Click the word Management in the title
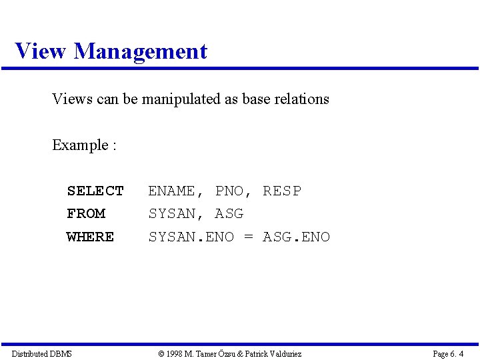(x=141, y=51)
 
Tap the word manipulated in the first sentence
(x=180, y=99)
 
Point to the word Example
(x=80, y=145)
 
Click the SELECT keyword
(x=95, y=191)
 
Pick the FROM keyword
(x=86, y=214)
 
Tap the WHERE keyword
(x=91, y=237)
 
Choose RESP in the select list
(x=282, y=191)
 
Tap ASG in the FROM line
(x=229, y=214)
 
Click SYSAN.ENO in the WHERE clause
(x=191, y=237)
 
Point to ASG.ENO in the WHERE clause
(x=297, y=237)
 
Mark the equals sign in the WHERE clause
(x=249, y=237)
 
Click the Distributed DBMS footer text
(x=41, y=353)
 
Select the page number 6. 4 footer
(x=448, y=353)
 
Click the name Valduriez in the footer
(x=284, y=353)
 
